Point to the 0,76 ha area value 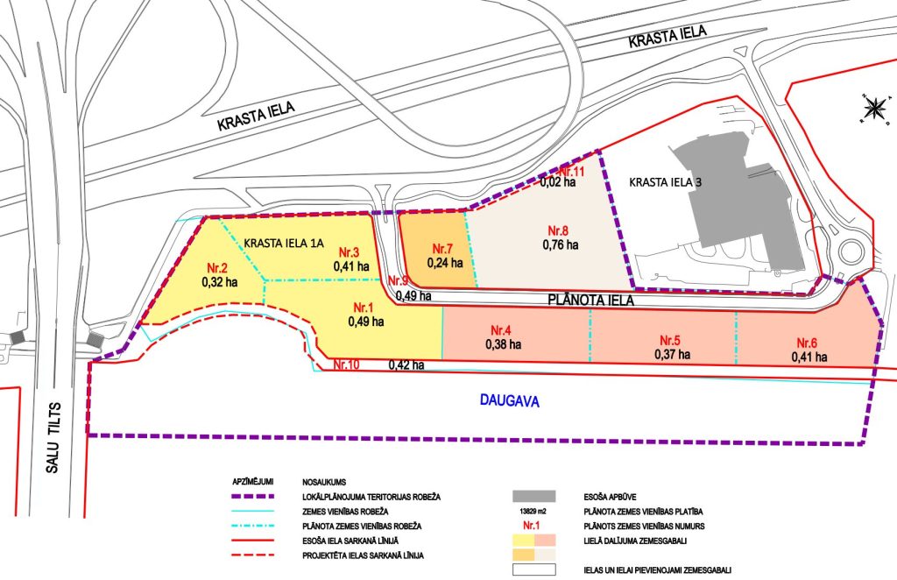click(560, 244)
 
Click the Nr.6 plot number click(809, 343)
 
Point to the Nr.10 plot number click(345, 364)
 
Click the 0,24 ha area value click(445, 262)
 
